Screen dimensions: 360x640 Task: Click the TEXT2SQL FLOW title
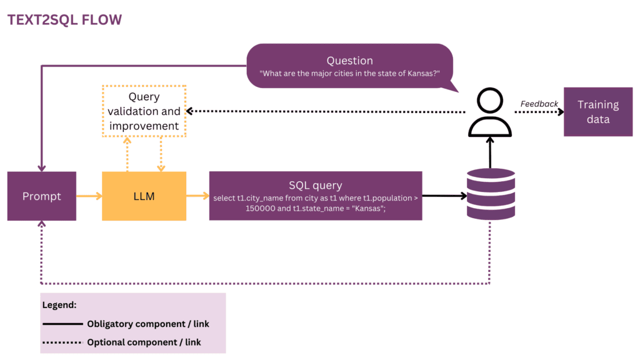coord(64,20)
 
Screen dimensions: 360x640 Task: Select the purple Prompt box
coord(42,196)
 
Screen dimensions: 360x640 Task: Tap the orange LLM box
coord(144,196)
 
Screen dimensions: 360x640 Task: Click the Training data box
coord(597,112)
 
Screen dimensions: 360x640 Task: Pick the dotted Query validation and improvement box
coord(144,111)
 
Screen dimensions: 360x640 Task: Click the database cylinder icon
coord(491,194)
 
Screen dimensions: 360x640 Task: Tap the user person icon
coord(490,112)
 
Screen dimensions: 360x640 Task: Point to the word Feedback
coord(539,104)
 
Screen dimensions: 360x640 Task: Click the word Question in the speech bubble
coord(349,61)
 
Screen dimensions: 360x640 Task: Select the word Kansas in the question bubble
coord(421,74)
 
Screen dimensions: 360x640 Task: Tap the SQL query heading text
coord(316,185)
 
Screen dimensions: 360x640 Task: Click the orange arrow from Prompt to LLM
coord(89,196)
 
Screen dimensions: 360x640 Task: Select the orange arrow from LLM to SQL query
coord(197,196)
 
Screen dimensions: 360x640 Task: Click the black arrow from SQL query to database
coord(444,196)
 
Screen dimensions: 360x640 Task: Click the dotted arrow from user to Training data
coord(538,112)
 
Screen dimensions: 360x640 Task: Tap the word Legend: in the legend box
coord(59,306)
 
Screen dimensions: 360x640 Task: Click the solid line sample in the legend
coord(62,324)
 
